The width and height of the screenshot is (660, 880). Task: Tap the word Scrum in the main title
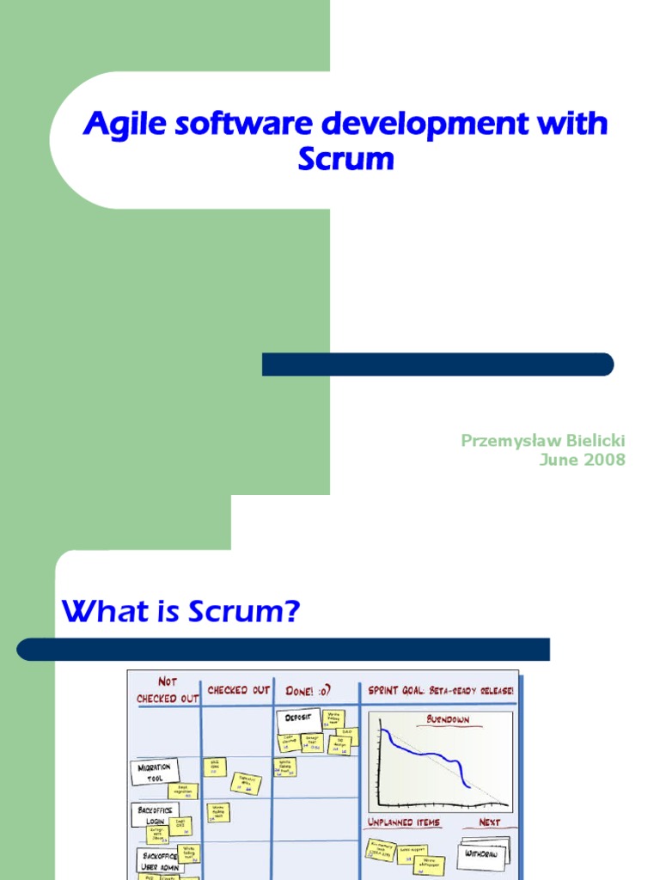click(x=345, y=159)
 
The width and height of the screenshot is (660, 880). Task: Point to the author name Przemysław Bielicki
click(x=543, y=441)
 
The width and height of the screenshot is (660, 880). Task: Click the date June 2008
click(x=582, y=460)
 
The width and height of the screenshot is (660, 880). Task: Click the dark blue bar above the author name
click(x=437, y=364)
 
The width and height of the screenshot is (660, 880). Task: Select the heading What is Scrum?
click(x=180, y=613)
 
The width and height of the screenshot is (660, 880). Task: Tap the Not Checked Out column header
click(x=167, y=690)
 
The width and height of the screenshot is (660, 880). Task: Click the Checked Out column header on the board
click(x=238, y=690)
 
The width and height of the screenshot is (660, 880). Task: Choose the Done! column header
click(x=309, y=690)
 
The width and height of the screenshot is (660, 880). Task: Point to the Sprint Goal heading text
click(x=441, y=690)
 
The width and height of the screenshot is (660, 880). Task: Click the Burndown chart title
click(x=447, y=719)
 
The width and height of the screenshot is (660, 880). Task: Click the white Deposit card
click(x=297, y=720)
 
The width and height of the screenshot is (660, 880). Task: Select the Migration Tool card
click(x=155, y=772)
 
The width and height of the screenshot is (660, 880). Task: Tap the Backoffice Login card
click(x=155, y=815)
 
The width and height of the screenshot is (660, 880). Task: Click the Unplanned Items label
click(x=404, y=822)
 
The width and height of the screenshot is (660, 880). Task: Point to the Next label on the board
click(x=489, y=822)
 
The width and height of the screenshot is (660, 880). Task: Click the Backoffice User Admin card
click(x=160, y=860)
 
